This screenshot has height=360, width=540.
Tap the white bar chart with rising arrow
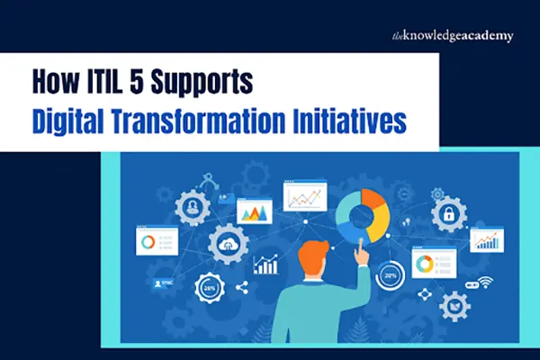pyautogui.click(x=265, y=264)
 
